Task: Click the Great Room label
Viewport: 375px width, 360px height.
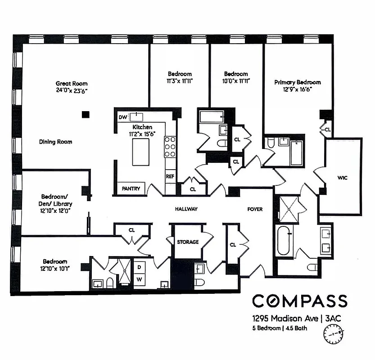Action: (x=72, y=84)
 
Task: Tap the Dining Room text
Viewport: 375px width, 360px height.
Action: (x=55, y=142)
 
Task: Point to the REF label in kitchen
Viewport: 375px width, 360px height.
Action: (x=170, y=177)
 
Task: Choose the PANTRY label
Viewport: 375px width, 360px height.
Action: (x=131, y=189)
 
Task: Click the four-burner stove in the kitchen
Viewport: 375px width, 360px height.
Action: (x=170, y=147)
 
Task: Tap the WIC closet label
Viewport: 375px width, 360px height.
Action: (x=343, y=178)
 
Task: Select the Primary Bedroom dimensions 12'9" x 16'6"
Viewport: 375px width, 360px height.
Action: (x=298, y=89)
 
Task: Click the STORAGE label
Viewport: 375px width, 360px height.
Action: (x=188, y=242)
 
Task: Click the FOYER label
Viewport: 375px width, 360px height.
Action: (x=255, y=209)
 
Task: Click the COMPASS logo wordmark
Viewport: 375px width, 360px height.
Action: (x=299, y=301)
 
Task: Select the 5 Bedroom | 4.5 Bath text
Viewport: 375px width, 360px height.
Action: (x=280, y=328)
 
